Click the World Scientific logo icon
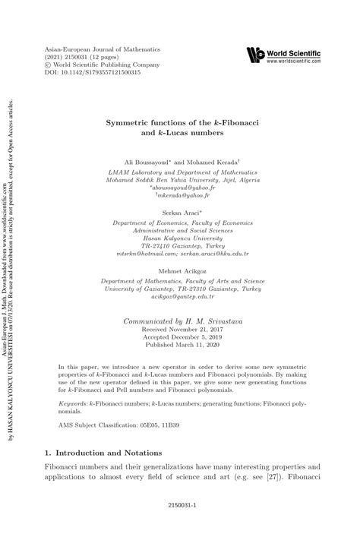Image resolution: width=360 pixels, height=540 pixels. pos(255,55)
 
